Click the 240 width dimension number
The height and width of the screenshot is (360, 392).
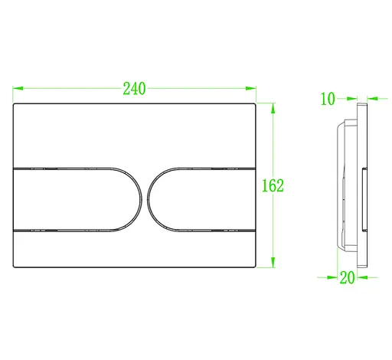135,88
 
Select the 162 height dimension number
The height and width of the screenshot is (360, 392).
273,185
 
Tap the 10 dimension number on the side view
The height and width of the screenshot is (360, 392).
328,98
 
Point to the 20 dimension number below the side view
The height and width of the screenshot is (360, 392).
347,278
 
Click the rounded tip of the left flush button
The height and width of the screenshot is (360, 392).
140,198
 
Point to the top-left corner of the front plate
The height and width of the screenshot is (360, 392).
15,103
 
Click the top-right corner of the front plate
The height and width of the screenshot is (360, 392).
255,103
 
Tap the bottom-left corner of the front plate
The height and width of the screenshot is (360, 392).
15,267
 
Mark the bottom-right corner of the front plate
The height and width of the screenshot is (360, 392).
255,267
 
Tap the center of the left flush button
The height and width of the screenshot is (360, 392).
77,198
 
